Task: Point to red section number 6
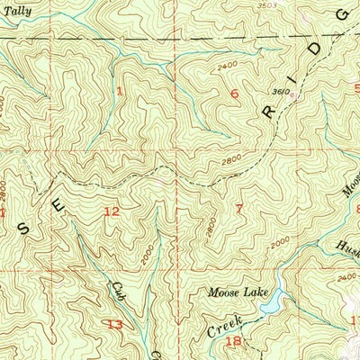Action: [x=237, y=94]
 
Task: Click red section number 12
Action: [x=112, y=211]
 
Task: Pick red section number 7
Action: [x=238, y=209]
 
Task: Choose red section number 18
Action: [x=233, y=340]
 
